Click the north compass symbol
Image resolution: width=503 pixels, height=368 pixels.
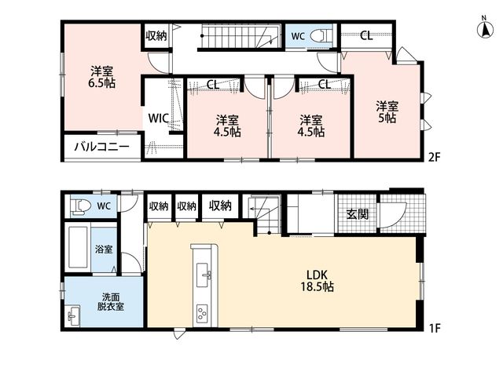pos(486,27)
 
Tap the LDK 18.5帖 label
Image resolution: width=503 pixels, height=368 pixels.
pos(317,281)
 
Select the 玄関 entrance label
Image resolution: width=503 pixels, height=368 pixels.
pos(358,214)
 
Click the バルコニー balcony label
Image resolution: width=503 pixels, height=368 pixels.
pos(102,147)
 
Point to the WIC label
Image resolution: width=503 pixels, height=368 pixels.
pos(159,118)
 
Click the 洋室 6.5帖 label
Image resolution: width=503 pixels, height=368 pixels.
pos(102,77)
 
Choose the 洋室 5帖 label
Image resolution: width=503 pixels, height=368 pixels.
pos(387,112)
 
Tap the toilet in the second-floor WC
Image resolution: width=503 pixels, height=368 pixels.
pos(321,36)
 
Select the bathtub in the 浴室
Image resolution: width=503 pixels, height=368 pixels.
pos(78,247)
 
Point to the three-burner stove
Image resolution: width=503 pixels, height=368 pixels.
pos(202,314)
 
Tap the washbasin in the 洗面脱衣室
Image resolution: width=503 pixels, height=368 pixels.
pos(73,315)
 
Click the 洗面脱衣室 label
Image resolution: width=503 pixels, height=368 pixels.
pos(110,302)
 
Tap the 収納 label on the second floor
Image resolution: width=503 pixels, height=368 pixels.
pos(156,35)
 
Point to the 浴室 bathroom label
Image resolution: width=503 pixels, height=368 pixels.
pos(103,250)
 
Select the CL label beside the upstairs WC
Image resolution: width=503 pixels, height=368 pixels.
pos(366,35)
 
